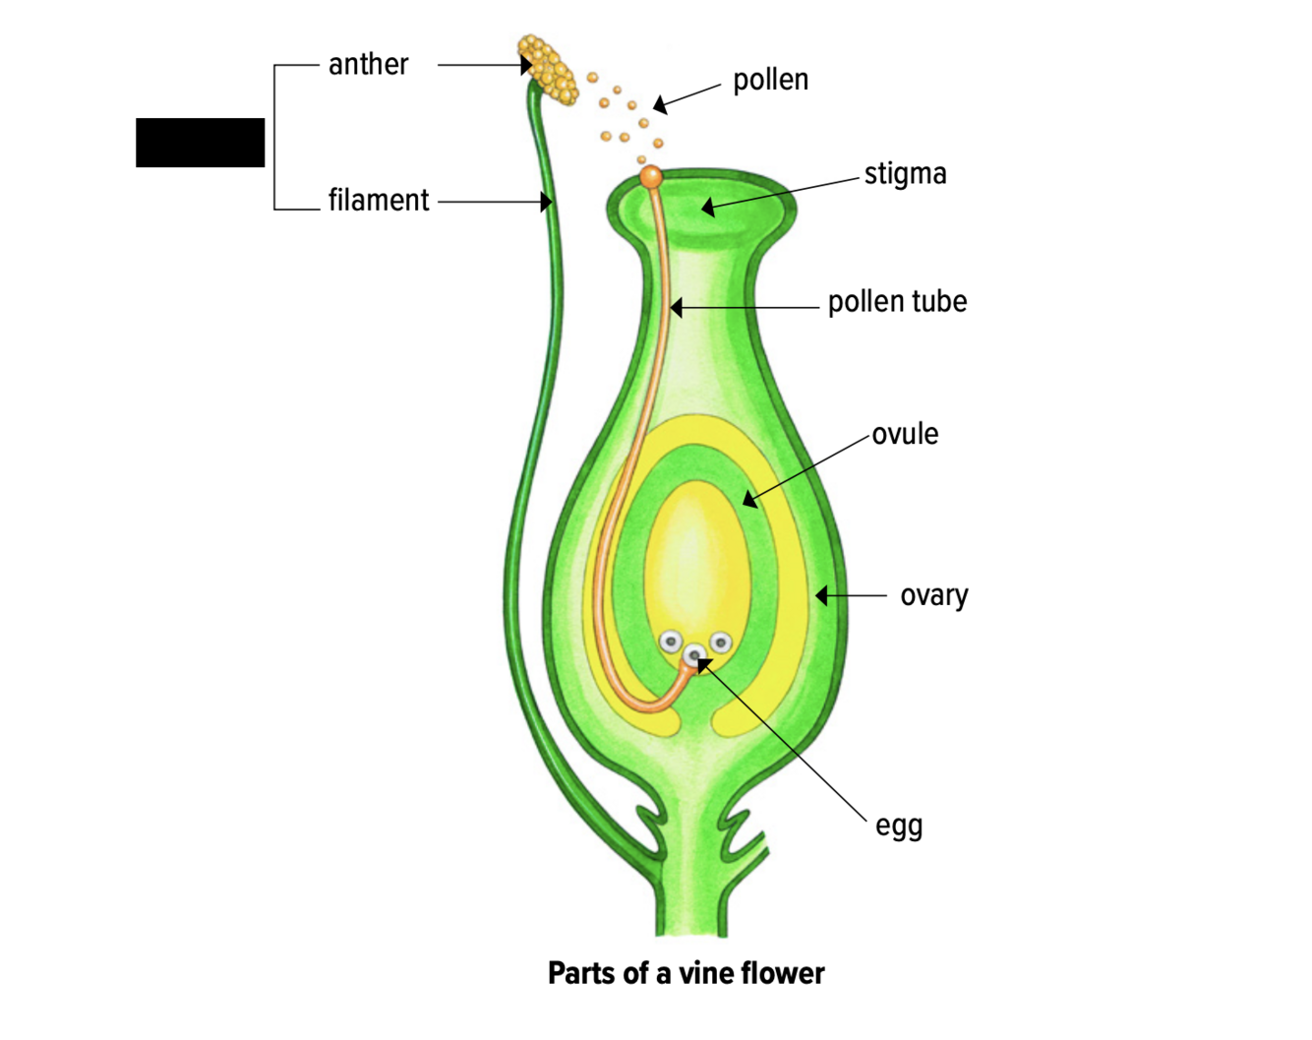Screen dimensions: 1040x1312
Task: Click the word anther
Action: pyautogui.click(x=368, y=65)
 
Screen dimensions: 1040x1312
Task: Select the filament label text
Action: pyautogui.click(x=379, y=201)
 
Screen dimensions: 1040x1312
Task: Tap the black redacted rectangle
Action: pyautogui.click(x=200, y=143)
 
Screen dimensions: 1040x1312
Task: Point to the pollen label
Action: pyautogui.click(x=770, y=80)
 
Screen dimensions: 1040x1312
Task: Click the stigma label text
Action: pyautogui.click(x=905, y=174)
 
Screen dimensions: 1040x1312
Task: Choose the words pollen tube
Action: pyautogui.click(x=897, y=302)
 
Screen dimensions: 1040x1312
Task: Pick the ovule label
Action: pyautogui.click(x=905, y=434)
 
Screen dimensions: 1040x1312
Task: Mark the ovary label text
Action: pyautogui.click(x=933, y=595)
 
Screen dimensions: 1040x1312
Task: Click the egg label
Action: pyautogui.click(x=899, y=826)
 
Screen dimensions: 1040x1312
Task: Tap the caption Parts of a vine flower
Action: pyautogui.click(x=686, y=973)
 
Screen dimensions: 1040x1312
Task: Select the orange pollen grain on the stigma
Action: pyautogui.click(x=651, y=177)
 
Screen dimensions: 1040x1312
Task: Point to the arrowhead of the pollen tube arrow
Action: pyautogui.click(x=677, y=308)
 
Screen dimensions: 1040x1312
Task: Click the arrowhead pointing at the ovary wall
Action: pyautogui.click(x=821, y=595)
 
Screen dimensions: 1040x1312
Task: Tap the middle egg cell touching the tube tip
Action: pyautogui.click(x=694, y=654)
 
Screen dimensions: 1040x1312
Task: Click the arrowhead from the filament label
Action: pyautogui.click(x=546, y=202)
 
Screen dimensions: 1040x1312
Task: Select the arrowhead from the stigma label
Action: pyautogui.click(x=707, y=208)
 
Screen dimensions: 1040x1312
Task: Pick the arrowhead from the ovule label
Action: pyautogui.click(x=749, y=501)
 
